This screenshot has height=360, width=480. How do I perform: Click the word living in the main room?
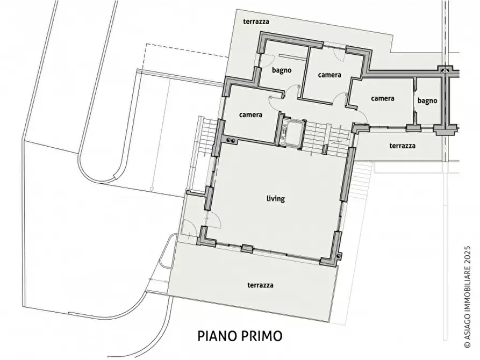pos(275,199)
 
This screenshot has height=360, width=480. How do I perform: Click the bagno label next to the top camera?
pos(282,70)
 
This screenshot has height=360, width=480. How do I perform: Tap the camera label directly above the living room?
pos(250,114)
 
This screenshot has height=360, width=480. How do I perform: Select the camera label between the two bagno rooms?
pos(329,75)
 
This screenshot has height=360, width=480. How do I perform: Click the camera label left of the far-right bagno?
pos(383,99)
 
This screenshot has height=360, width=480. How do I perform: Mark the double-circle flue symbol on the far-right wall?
pos(444,70)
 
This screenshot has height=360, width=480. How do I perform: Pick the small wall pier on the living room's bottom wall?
pos(247,249)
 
